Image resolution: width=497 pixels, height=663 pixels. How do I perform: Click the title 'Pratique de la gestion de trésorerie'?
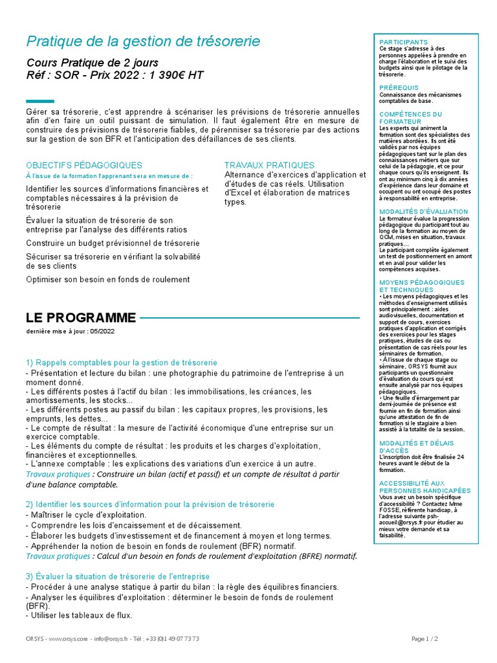click(143, 42)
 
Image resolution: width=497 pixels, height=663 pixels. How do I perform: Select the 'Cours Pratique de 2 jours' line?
click(92, 63)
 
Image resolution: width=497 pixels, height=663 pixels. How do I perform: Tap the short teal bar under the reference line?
click(40, 101)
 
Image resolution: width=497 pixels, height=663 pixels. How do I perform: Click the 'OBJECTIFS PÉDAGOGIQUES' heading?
click(83, 165)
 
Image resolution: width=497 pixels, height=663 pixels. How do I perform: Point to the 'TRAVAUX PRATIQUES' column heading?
click(269, 165)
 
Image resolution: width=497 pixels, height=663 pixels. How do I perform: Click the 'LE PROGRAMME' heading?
click(81, 318)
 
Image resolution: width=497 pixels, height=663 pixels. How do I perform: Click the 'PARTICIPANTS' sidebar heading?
click(403, 42)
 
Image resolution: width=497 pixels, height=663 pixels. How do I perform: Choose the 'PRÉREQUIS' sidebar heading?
click(399, 87)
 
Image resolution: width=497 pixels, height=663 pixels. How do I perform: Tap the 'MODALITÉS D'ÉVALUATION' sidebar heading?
click(423, 212)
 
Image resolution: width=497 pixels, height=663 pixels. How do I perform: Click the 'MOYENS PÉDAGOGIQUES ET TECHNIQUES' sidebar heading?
click(421, 286)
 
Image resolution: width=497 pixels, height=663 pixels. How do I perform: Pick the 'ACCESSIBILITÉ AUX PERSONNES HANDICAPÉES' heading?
click(425, 487)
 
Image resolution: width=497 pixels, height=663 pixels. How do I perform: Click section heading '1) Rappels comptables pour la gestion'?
click(122, 363)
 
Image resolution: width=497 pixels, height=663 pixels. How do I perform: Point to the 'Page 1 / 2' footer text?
click(425, 639)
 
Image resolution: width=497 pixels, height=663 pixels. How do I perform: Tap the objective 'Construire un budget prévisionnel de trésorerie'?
click(113, 243)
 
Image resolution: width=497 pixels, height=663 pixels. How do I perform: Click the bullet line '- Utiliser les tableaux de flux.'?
click(79, 615)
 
